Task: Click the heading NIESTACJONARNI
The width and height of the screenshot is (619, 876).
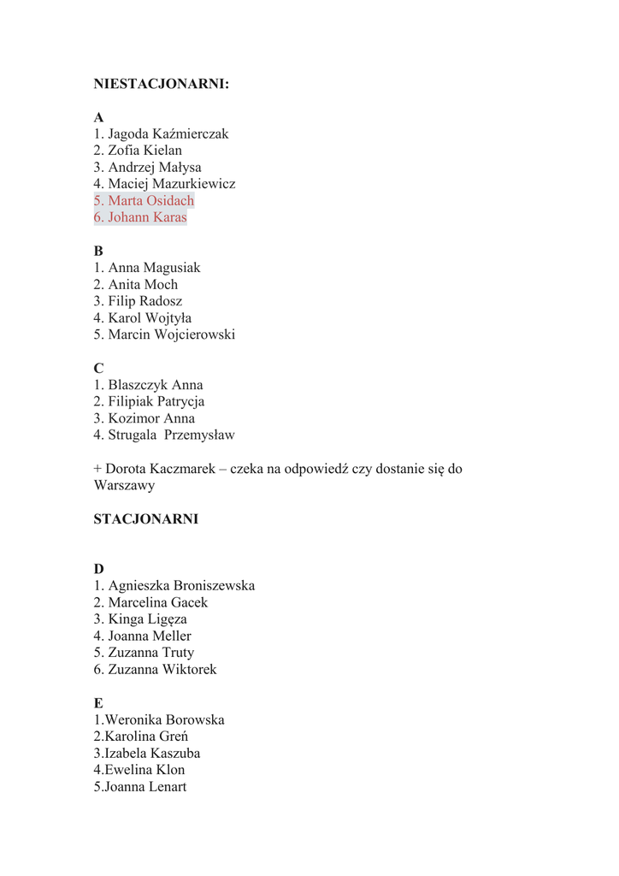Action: pyautogui.click(x=161, y=84)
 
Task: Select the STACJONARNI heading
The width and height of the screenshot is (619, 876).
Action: pyautogui.click(x=145, y=519)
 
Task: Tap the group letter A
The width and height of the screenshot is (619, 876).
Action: pyautogui.click(x=99, y=117)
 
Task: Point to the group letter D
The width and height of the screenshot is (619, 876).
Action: pyautogui.click(x=99, y=569)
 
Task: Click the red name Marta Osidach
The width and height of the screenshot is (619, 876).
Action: pyautogui.click(x=150, y=201)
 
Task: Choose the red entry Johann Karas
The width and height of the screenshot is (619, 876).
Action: pyautogui.click(x=147, y=217)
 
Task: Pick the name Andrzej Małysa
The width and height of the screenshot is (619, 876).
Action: pyautogui.click(x=154, y=168)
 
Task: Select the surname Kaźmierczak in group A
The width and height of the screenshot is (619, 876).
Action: pyautogui.click(x=191, y=134)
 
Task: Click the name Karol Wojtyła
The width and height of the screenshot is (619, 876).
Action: pyautogui.click(x=150, y=318)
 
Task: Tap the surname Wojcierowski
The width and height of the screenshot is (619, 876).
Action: pyautogui.click(x=195, y=334)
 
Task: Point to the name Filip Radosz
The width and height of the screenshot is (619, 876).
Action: pyautogui.click(x=144, y=301)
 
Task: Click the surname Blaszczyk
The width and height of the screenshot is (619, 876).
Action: pyautogui.click(x=138, y=385)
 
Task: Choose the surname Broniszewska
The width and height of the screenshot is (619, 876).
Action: pyautogui.click(x=214, y=586)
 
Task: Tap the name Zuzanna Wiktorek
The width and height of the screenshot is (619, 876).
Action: pyautogui.click(x=162, y=670)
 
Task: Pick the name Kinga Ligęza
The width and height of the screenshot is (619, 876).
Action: pyautogui.click(x=147, y=619)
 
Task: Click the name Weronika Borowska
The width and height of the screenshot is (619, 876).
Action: pyautogui.click(x=164, y=720)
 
